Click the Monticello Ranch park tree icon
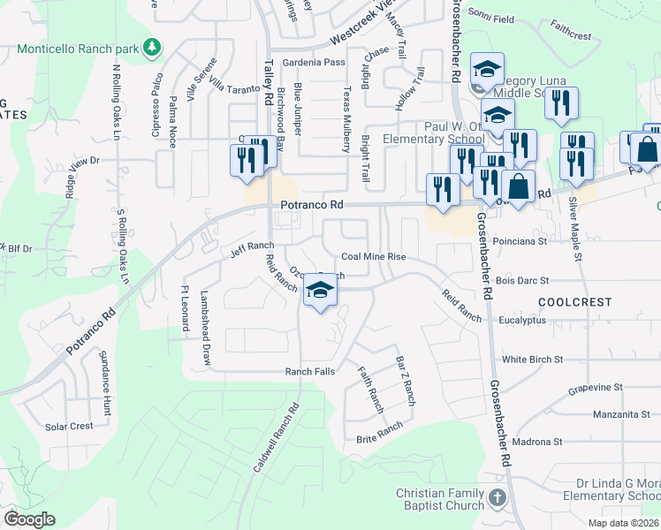[x=153, y=45]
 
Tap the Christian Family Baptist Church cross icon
[x=497, y=498]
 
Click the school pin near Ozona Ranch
[x=320, y=291]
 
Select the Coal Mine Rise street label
[x=374, y=256]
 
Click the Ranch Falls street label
[x=309, y=372]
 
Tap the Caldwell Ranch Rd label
[x=277, y=438]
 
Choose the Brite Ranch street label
[x=379, y=432]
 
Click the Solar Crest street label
[x=69, y=426]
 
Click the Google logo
[x=29, y=519]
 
